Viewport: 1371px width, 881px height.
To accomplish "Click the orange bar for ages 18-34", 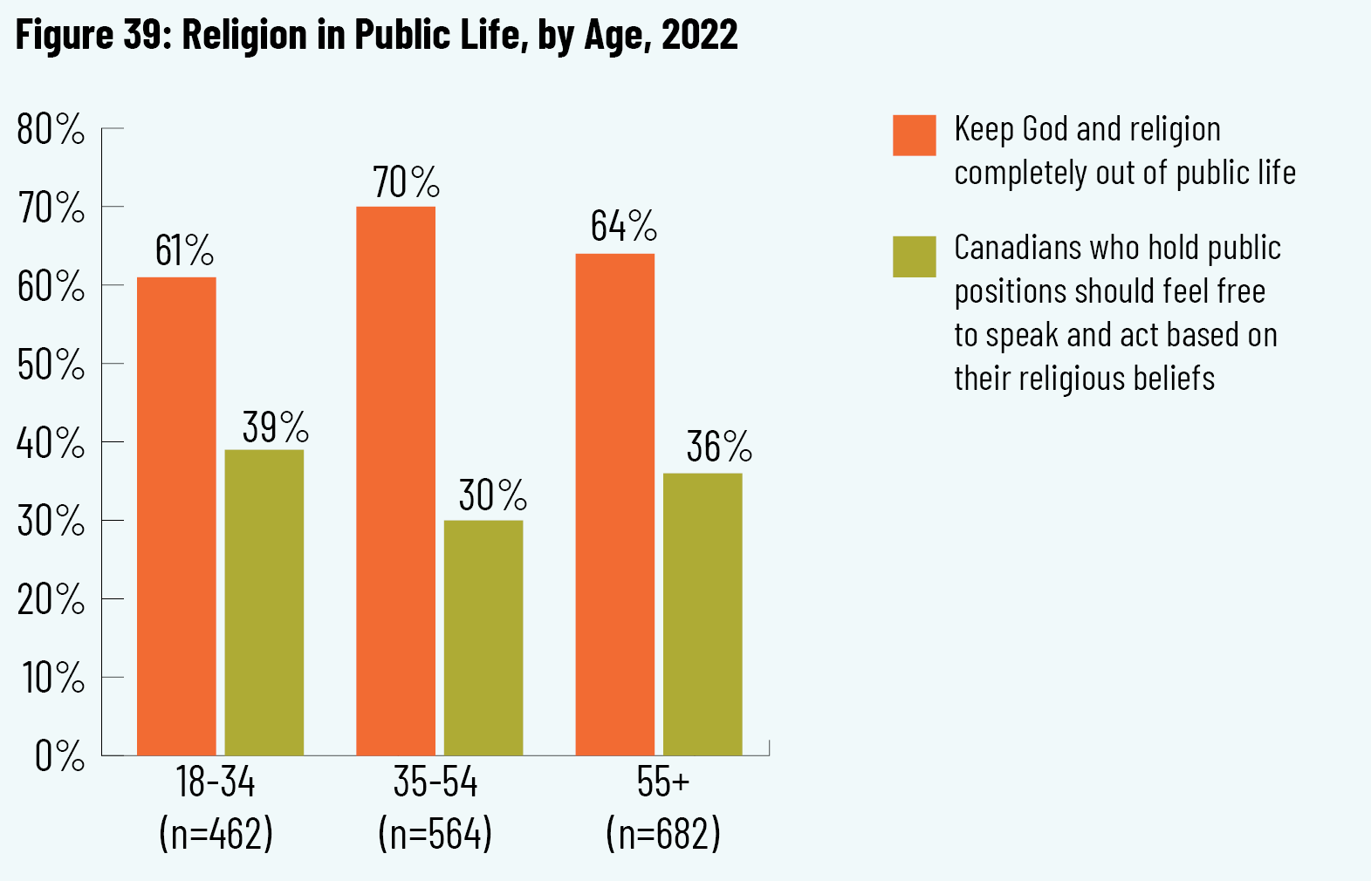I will coord(176,516).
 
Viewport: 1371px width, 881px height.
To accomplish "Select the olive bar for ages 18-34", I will coord(264,602).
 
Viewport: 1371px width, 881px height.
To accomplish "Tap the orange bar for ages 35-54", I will coord(395,481).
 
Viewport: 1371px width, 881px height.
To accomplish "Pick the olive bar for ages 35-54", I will coord(483,638).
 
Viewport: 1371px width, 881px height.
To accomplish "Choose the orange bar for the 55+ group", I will coord(615,504).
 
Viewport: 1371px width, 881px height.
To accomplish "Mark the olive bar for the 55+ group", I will coord(703,614).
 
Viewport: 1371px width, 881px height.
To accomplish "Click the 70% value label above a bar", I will coord(406,182).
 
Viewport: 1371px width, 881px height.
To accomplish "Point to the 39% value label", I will coord(276,427).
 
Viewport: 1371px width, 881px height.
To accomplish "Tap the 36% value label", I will coord(719,447).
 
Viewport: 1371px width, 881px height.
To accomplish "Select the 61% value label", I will coord(184,251).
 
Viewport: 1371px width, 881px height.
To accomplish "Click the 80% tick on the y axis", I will coord(51,130).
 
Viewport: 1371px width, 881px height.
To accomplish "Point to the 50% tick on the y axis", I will coord(51,365).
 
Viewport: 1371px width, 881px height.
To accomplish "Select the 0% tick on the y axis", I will coord(59,756).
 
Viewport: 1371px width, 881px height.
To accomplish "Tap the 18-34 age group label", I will coord(216,782).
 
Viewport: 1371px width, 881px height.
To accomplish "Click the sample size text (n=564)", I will coord(435,834).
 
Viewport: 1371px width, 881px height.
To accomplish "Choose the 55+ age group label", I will coord(663,782).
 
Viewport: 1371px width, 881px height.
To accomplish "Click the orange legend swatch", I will coord(914,135).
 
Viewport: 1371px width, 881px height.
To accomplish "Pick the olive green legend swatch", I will coord(914,256).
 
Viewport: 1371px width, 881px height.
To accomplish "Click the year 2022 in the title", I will coord(700,36).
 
